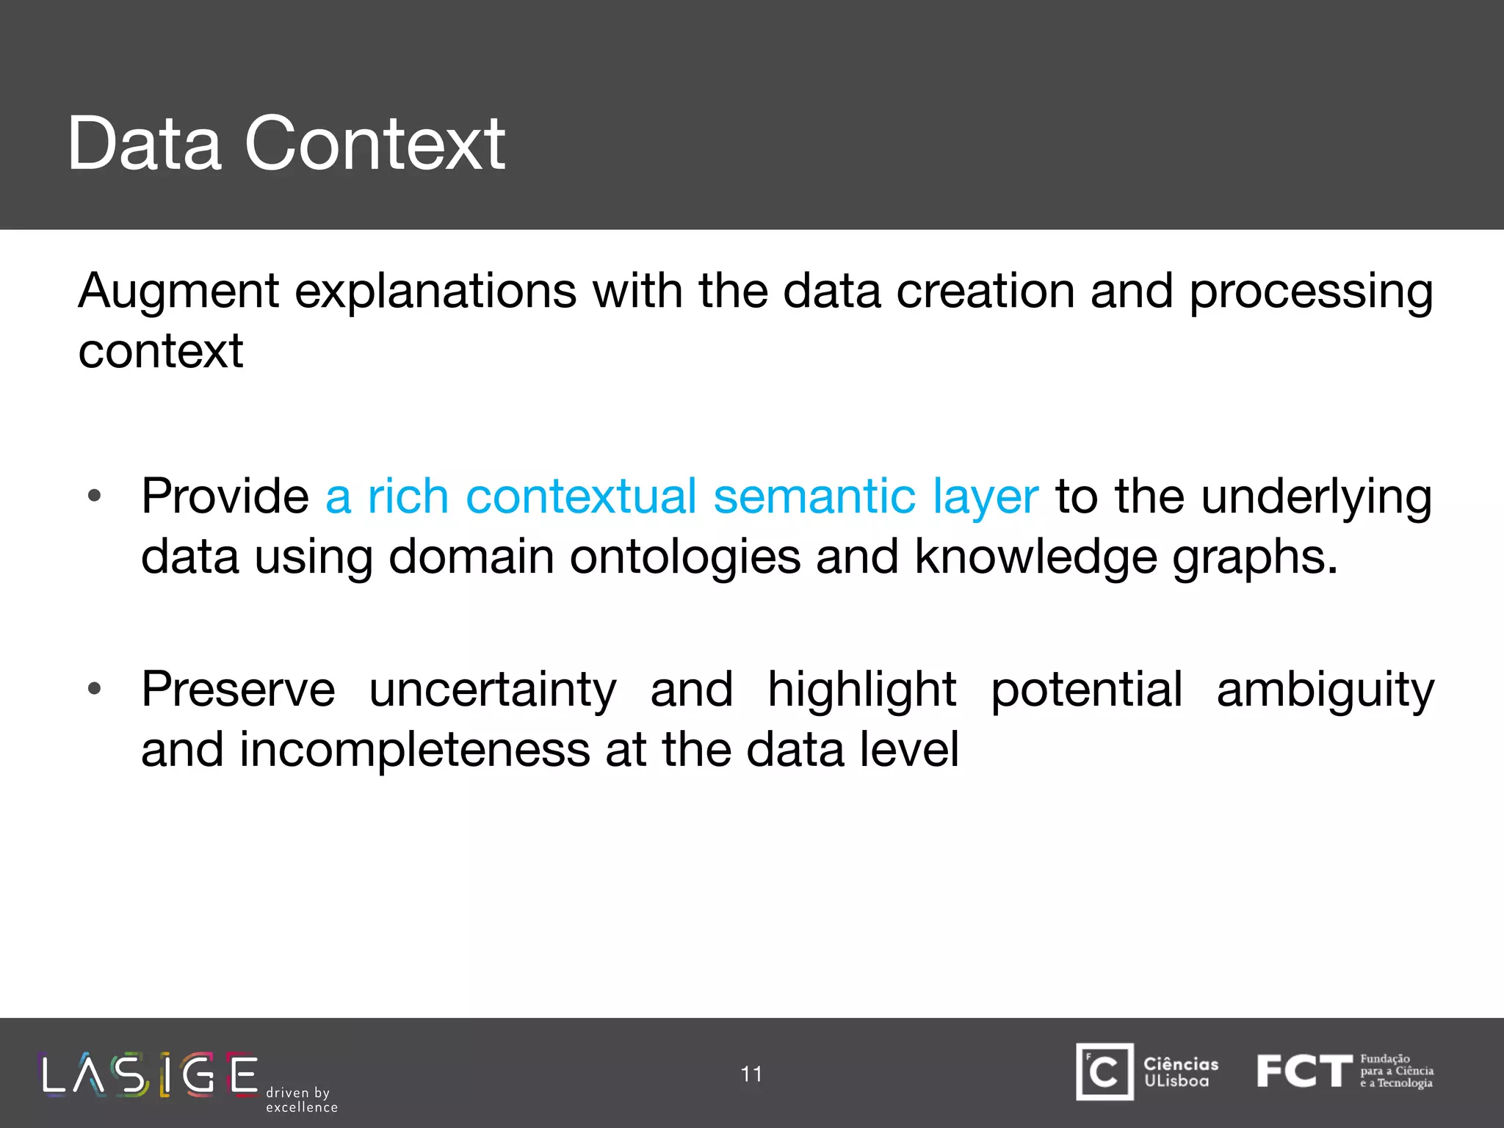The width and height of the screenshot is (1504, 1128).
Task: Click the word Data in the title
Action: [144, 145]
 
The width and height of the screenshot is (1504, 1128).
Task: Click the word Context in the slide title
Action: [375, 145]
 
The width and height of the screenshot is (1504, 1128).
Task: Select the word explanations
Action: [435, 292]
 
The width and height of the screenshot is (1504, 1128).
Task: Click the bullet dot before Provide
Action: [94, 496]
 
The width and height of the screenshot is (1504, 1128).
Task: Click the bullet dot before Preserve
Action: [94, 689]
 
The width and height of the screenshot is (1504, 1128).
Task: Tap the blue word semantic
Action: [814, 496]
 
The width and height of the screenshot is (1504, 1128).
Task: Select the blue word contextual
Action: [581, 496]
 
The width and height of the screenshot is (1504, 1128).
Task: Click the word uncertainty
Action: [492, 690]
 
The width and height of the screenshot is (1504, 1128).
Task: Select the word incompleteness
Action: [415, 751]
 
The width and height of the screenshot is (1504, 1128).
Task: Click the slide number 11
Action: [751, 1074]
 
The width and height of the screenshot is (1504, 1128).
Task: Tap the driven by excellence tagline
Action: [301, 1099]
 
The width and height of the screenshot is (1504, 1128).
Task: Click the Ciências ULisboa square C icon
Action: [1104, 1071]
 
